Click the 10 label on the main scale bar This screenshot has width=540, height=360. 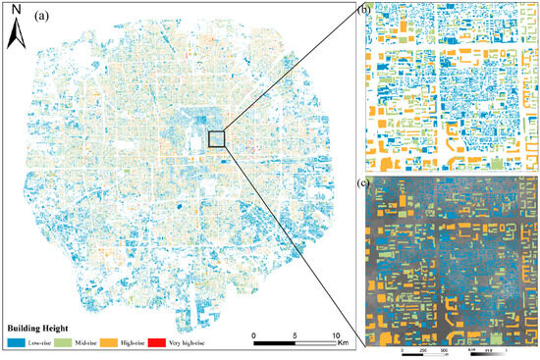(x=337, y=334)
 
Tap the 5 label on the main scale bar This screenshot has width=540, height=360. (x=296, y=334)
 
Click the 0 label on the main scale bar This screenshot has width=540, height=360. (x=254, y=334)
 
